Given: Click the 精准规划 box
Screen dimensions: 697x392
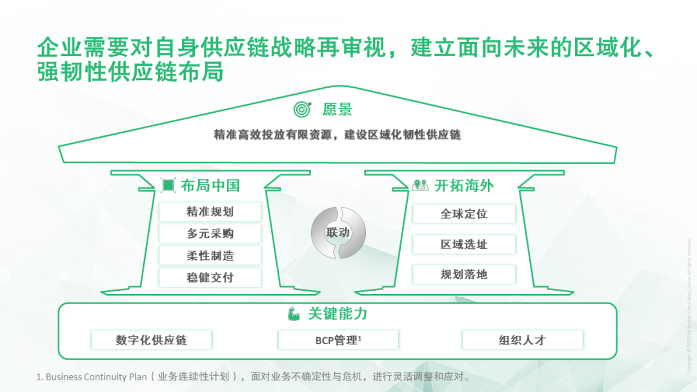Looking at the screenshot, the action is tap(210, 211).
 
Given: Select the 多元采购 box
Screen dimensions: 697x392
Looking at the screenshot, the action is tap(210, 233).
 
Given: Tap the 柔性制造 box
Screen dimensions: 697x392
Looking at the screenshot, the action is tap(210, 255).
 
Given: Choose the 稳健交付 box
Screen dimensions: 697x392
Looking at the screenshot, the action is tap(210, 277).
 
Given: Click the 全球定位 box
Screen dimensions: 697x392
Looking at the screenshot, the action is tap(463, 214).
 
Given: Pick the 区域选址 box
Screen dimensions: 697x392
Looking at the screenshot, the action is tap(463, 244).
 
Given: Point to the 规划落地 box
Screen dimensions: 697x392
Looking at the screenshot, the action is tap(463, 274).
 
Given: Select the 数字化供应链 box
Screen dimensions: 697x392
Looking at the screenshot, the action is tap(152, 340).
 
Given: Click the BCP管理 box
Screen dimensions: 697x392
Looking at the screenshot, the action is tap(338, 340).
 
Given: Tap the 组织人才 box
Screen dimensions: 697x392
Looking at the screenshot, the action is tap(522, 340).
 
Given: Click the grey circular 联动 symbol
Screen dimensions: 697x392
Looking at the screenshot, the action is tap(338, 232).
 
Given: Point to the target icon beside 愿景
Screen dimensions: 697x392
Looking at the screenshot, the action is tap(302, 109).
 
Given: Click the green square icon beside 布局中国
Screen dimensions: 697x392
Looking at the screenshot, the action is tap(168, 186).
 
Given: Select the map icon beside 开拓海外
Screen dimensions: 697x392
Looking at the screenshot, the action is tap(419, 186).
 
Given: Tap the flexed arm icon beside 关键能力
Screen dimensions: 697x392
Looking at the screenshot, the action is tap(294, 314).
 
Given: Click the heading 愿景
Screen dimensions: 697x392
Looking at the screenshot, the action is tap(338, 109).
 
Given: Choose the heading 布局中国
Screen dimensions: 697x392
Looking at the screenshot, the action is tap(210, 186).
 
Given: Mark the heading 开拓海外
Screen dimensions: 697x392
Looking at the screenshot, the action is tap(464, 186).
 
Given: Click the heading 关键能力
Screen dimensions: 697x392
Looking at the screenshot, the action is tap(338, 314).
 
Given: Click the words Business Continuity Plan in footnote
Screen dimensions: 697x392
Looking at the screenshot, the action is tap(96, 377).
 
